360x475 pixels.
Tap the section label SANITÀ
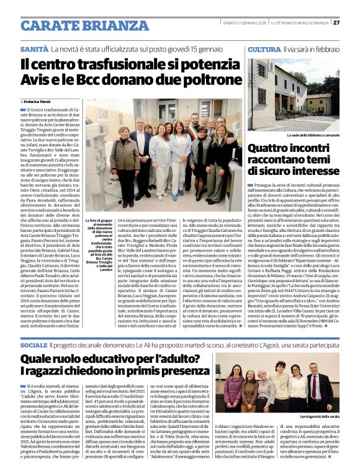point(34,49)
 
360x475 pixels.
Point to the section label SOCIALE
point(34,345)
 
